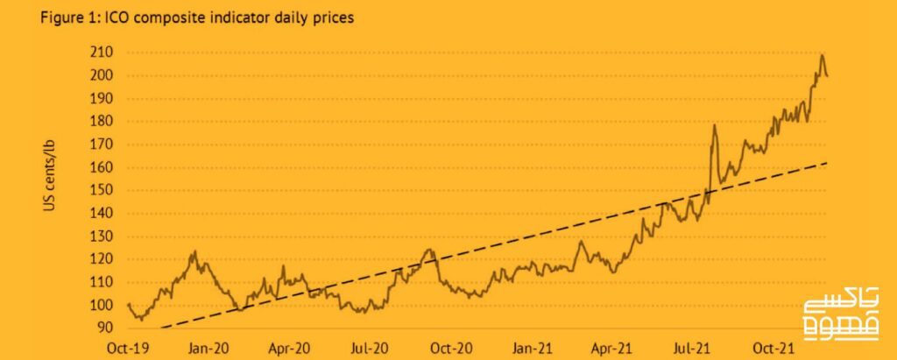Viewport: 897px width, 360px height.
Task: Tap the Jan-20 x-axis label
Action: [x=208, y=348]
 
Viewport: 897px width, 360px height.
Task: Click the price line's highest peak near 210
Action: [x=822, y=55]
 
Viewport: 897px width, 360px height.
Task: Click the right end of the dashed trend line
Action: [x=827, y=162]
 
